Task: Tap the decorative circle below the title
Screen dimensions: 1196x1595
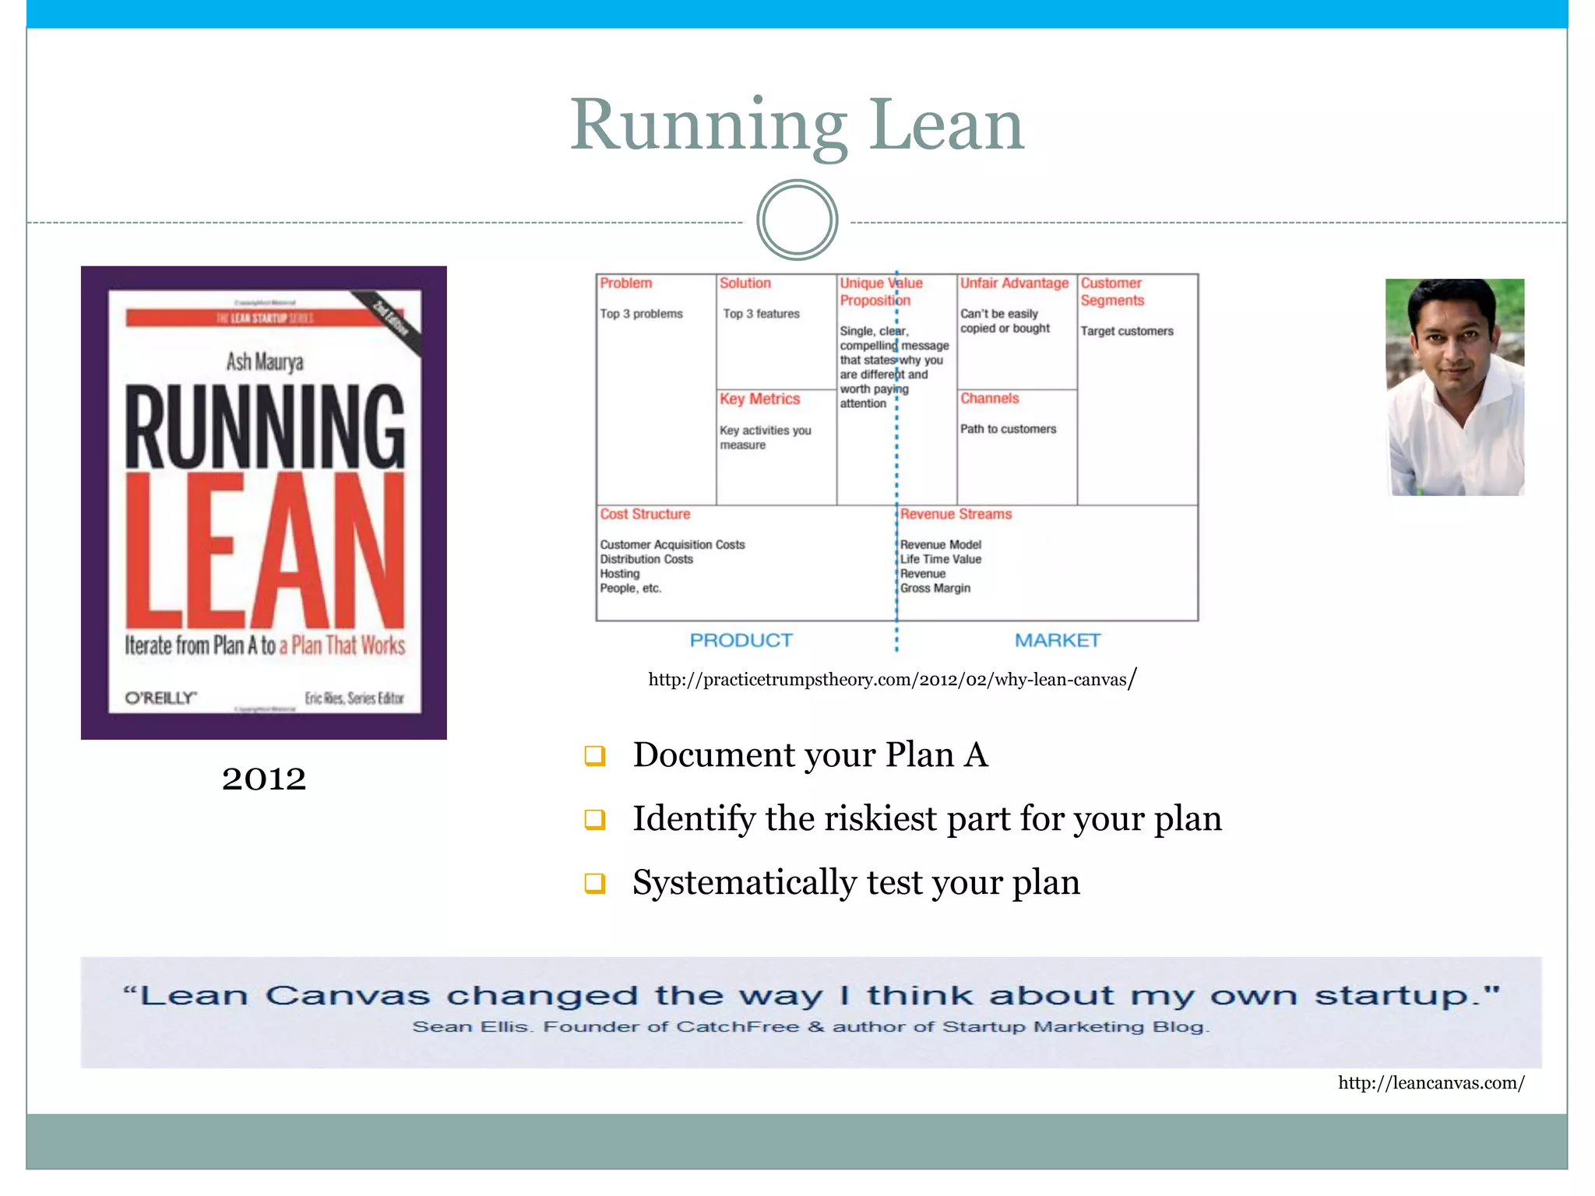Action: click(x=797, y=220)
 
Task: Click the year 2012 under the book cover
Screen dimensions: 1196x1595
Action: click(x=263, y=778)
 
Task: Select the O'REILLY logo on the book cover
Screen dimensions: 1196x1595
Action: click(x=160, y=698)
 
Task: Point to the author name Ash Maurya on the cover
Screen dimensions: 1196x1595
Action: click(x=265, y=361)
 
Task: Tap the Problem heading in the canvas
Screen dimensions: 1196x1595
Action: click(x=626, y=283)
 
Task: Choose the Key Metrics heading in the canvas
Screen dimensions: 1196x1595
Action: click(x=759, y=399)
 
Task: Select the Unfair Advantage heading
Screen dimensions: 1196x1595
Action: click(x=1014, y=283)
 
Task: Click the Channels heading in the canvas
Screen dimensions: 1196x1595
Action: click(x=989, y=399)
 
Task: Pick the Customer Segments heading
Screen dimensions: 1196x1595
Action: click(x=1112, y=292)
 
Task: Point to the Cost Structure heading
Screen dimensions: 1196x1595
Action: click(x=645, y=514)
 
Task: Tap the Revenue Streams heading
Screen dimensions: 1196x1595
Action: click(x=956, y=514)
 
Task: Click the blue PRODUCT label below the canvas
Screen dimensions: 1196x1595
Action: click(x=741, y=640)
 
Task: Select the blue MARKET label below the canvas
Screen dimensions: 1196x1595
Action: click(x=1057, y=640)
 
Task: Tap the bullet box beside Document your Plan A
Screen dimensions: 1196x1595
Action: click(x=595, y=755)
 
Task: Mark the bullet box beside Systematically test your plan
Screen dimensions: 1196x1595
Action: click(x=595, y=883)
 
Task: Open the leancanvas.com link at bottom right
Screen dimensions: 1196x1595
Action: click(x=1431, y=1082)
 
